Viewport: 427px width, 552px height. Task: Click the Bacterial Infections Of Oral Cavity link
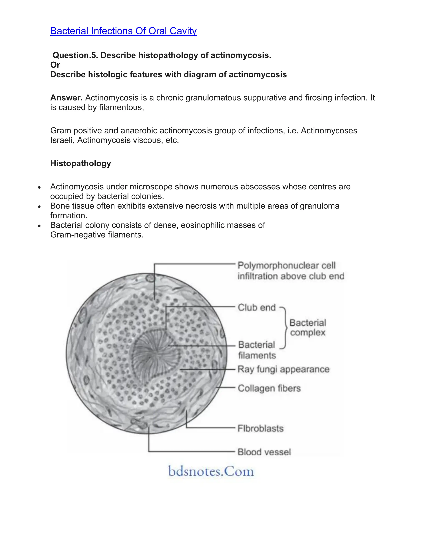pyautogui.click(x=123, y=31)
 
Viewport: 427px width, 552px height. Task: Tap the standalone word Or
pyautogui.click(x=55, y=65)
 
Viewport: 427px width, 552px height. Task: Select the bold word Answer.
pyautogui.click(x=66, y=97)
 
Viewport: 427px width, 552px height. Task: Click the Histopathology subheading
pyautogui.click(x=80, y=163)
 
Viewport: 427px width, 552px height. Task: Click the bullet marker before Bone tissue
pyautogui.click(x=39, y=206)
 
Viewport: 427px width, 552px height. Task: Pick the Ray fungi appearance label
pyautogui.click(x=283, y=369)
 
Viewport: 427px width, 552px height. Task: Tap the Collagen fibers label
pyautogui.click(x=269, y=388)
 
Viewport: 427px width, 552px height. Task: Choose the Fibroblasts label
pyautogui.click(x=261, y=428)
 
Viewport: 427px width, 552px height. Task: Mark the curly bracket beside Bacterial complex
pyautogui.click(x=285, y=328)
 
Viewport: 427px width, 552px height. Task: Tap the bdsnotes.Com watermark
pyautogui.click(x=211, y=471)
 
